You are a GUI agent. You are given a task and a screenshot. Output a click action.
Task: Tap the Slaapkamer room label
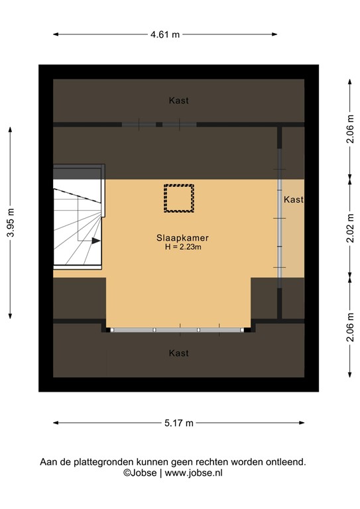(178, 237)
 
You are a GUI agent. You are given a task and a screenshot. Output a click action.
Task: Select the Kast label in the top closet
(178, 101)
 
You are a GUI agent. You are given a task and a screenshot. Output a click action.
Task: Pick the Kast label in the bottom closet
(178, 353)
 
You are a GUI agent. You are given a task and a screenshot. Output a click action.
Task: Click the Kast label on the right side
(293, 199)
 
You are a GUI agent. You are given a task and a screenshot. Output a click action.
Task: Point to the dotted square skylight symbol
(178, 198)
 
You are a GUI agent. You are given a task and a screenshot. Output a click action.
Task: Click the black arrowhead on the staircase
(97, 241)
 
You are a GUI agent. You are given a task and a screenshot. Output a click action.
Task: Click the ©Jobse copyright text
(139, 473)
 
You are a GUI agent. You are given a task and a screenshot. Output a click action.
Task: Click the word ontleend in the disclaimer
(286, 462)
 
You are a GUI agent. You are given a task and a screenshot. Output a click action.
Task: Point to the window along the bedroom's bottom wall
(178, 329)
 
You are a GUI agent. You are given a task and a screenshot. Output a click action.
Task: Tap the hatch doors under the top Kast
(159, 124)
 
